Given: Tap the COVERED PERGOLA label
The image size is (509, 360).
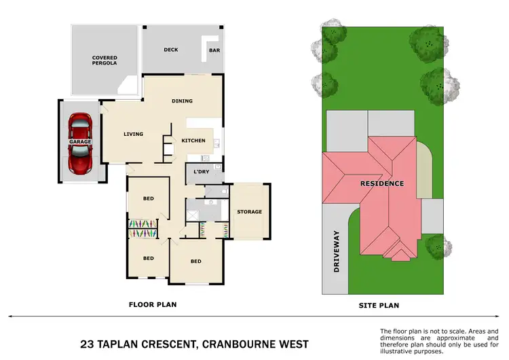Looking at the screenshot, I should pos(105,60).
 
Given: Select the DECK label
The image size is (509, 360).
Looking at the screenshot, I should pos(171,50).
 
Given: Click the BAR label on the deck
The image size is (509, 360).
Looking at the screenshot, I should pos(214,50).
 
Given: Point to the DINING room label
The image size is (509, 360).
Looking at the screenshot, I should pos(182,101).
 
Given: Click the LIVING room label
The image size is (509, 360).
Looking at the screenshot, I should pos(133,134).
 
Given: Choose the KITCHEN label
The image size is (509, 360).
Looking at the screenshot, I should pos(193,141).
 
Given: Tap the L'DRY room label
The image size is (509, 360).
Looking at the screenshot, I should pos(201,172).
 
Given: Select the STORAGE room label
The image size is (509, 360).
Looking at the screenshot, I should pos(249,212).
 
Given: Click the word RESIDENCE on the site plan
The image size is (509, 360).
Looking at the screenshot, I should pos(382,183).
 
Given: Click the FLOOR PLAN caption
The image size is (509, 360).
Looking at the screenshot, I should pos(153,305).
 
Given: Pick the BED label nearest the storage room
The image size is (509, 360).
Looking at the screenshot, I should pos(195,262).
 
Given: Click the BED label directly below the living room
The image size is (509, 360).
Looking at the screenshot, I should pos(148,198).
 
